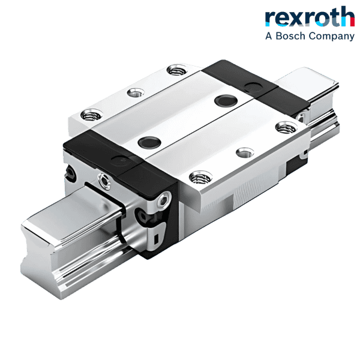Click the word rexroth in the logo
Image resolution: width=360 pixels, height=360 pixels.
coord(310,17)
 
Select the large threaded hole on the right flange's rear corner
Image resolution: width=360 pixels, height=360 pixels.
coord(286,127)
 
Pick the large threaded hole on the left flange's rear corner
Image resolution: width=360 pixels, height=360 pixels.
coord(175,71)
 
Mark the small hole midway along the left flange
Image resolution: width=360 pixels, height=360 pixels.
coord(136,92)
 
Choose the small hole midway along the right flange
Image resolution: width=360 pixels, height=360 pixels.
coord(242,152)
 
